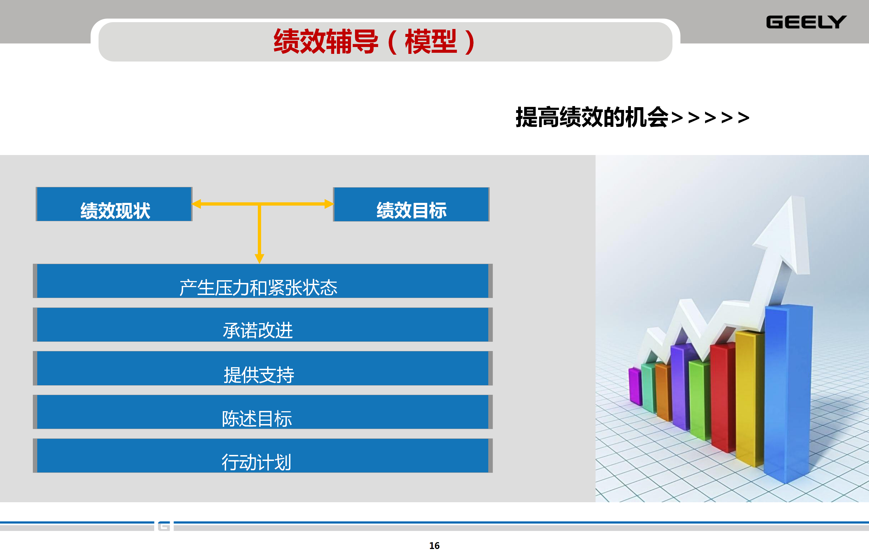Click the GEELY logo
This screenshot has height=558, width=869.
(806, 22)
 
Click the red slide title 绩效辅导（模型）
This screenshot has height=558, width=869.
(375, 42)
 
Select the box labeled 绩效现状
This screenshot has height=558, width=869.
(114, 204)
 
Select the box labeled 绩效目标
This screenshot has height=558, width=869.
(411, 204)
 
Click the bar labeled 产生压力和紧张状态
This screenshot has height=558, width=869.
(262, 281)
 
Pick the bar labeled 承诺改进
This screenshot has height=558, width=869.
(262, 325)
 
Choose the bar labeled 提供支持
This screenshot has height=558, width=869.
(262, 368)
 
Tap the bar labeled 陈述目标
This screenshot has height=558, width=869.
(262, 412)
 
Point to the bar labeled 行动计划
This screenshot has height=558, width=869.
(262, 455)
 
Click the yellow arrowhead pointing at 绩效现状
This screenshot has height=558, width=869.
(197, 204)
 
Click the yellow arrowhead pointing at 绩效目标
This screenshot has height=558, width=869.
(329, 204)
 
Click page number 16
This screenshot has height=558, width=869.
(434, 546)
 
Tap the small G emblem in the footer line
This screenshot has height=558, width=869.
(164, 526)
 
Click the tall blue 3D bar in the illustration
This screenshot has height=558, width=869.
(788, 393)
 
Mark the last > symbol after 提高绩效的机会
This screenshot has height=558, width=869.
(743, 117)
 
